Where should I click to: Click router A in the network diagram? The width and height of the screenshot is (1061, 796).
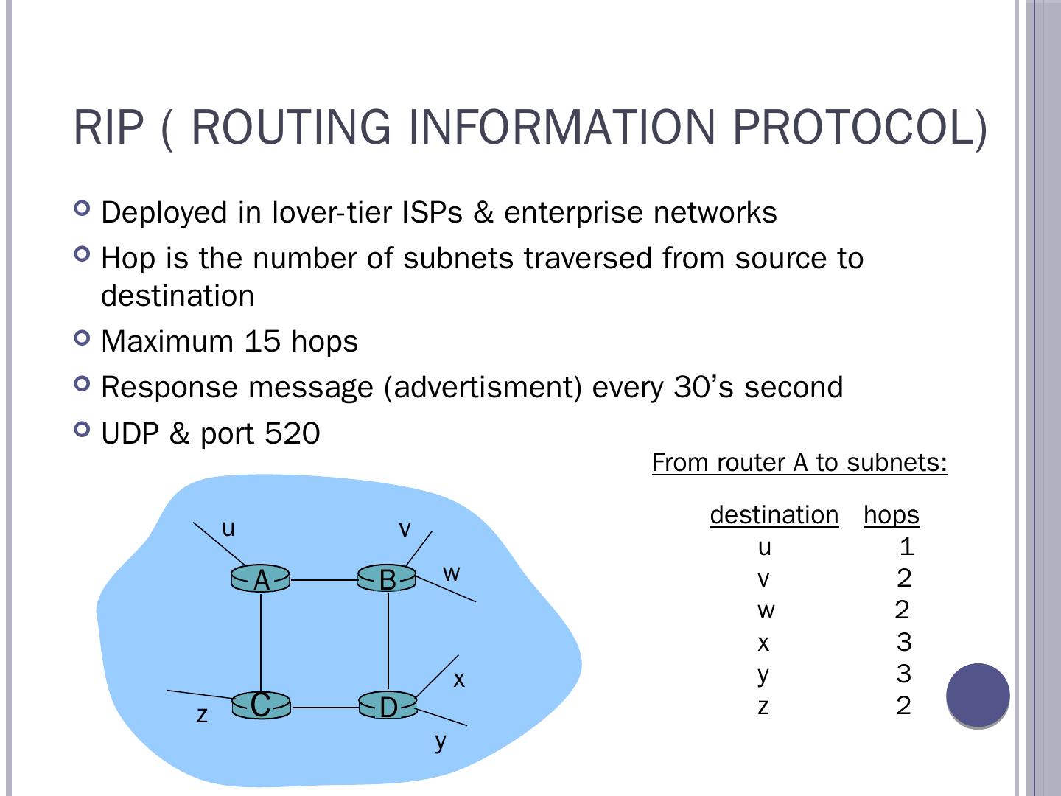click(261, 580)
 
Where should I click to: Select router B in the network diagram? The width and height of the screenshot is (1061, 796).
click(388, 580)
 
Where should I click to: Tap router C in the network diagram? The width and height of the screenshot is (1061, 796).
click(261, 706)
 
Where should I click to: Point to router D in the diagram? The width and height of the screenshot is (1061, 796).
click(388, 707)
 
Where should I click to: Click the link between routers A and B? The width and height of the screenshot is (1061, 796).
click(324, 580)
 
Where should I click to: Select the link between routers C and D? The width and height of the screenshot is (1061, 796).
click(324, 708)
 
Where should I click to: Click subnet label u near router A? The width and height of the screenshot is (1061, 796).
click(228, 528)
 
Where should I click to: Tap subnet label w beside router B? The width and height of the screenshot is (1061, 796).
click(451, 573)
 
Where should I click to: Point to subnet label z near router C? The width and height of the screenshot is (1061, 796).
click(202, 715)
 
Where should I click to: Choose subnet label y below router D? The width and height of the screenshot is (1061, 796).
click(440, 741)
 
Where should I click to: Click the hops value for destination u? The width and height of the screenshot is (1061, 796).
click(906, 546)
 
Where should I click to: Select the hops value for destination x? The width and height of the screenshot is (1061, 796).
click(904, 642)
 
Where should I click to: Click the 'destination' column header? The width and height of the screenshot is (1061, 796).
click(774, 514)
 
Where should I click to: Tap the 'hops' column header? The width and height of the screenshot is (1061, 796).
click(892, 514)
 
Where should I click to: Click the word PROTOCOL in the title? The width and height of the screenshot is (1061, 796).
click(859, 127)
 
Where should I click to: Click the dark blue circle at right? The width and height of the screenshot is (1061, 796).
click(978, 695)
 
